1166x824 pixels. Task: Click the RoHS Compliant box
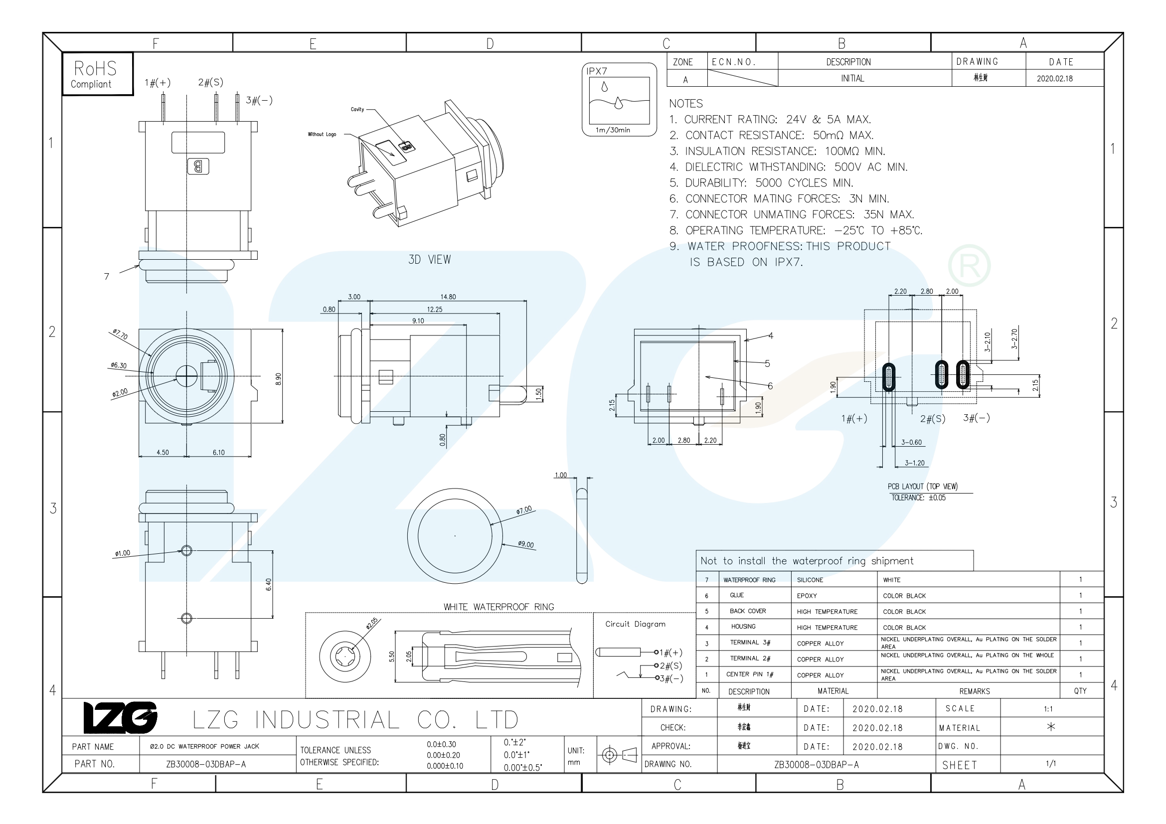(98, 74)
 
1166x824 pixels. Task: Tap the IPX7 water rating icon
(619, 100)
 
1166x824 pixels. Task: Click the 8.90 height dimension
(278, 379)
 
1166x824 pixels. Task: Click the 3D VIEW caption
(429, 259)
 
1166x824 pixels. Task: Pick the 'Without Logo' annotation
(322, 135)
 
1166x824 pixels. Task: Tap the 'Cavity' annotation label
(357, 109)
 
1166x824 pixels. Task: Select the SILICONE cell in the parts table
(810, 580)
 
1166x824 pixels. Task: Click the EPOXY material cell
(807, 596)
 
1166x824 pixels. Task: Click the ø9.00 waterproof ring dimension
(525, 545)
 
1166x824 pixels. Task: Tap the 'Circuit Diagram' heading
(635, 624)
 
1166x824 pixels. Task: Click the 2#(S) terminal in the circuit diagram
(670, 665)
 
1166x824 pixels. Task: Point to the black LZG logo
(120, 718)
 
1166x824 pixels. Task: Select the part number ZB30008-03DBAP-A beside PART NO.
(206, 764)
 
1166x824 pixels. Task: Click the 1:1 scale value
(1048, 709)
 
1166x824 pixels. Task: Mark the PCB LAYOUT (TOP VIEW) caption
(922, 487)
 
